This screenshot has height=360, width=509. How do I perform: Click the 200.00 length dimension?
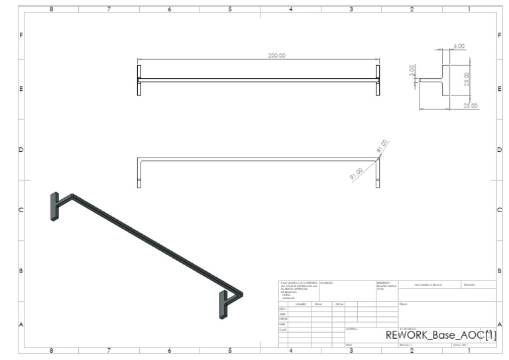(x=276, y=56)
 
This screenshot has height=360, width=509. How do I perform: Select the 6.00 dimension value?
(x=459, y=46)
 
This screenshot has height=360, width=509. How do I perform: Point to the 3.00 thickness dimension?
(x=412, y=71)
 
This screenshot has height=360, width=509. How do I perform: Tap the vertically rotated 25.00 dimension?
(x=467, y=79)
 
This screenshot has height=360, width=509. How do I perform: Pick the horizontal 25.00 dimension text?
(x=470, y=105)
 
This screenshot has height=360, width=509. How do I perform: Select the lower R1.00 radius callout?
(x=357, y=174)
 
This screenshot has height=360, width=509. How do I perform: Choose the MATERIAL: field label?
(x=352, y=328)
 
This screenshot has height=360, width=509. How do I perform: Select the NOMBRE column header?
(x=300, y=304)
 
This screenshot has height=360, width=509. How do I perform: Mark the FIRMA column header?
(x=318, y=304)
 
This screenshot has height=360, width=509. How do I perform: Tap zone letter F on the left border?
(x=21, y=35)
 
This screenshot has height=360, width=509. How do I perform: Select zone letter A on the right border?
(x=499, y=324)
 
